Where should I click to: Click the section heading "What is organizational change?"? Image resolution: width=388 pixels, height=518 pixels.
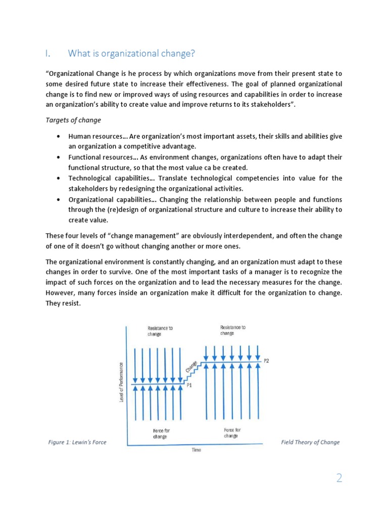[131, 53]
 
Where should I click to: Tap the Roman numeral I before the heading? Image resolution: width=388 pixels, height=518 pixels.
[47, 53]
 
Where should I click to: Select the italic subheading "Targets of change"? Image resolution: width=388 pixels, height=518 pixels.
[73, 120]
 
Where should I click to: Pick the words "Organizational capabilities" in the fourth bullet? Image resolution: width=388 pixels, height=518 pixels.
[109, 199]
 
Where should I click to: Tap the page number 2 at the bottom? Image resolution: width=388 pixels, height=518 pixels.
[339, 478]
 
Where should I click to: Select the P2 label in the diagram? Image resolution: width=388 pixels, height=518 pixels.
[266, 360]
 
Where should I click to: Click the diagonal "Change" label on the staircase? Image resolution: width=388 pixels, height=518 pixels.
[191, 367]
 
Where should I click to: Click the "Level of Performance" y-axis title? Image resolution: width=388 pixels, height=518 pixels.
[122, 382]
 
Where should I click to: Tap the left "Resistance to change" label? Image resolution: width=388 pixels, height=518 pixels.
[160, 331]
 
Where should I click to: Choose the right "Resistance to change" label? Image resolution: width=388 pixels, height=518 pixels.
[233, 330]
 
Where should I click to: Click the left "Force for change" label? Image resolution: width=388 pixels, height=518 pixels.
[160, 434]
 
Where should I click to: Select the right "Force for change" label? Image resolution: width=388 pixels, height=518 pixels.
[232, 433]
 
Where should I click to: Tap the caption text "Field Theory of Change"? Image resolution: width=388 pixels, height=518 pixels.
[310, 442]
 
